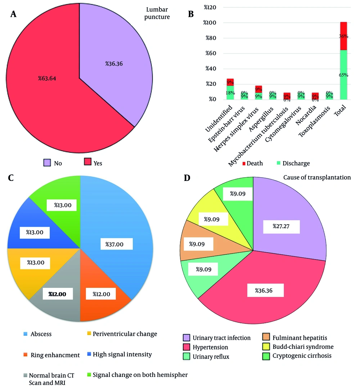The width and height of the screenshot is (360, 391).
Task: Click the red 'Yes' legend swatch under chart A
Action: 87,163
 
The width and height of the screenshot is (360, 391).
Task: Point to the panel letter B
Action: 191,14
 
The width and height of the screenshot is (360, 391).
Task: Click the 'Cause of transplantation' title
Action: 317,177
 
